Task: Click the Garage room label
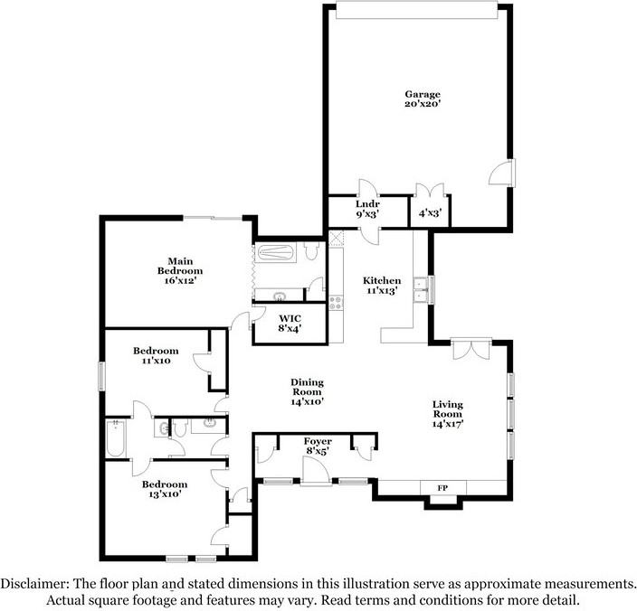(x=422, y=93)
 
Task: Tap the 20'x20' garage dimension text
(x=422, y=105)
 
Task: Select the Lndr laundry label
(x=366, y=205)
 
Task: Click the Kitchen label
(x=382, y=280)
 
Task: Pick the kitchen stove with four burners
(x=336, y=305)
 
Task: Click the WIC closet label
(x=290, y=319)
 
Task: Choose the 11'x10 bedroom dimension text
(x=156, y=362)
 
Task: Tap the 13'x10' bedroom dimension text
(x=164, y=495)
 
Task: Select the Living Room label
(x=448, y=411)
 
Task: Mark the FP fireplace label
(x=443, y=488)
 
